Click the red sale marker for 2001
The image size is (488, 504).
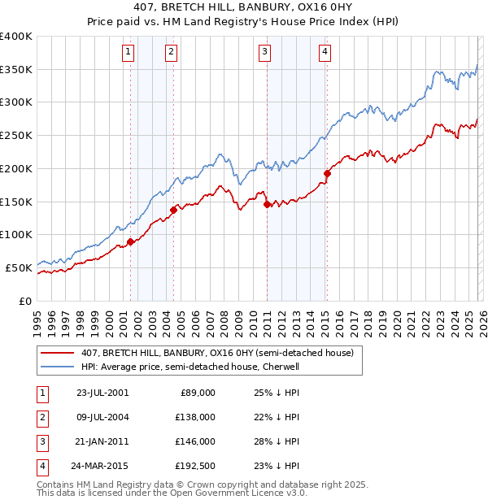tap(130, 241)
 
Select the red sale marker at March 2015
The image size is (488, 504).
tap(326, 173)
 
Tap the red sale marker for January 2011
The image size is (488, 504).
tap(267, 204)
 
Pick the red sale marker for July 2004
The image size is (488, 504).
tap(173, 210)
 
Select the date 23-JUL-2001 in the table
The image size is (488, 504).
tap(102, 393)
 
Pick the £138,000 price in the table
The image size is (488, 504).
tap(196, 417)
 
